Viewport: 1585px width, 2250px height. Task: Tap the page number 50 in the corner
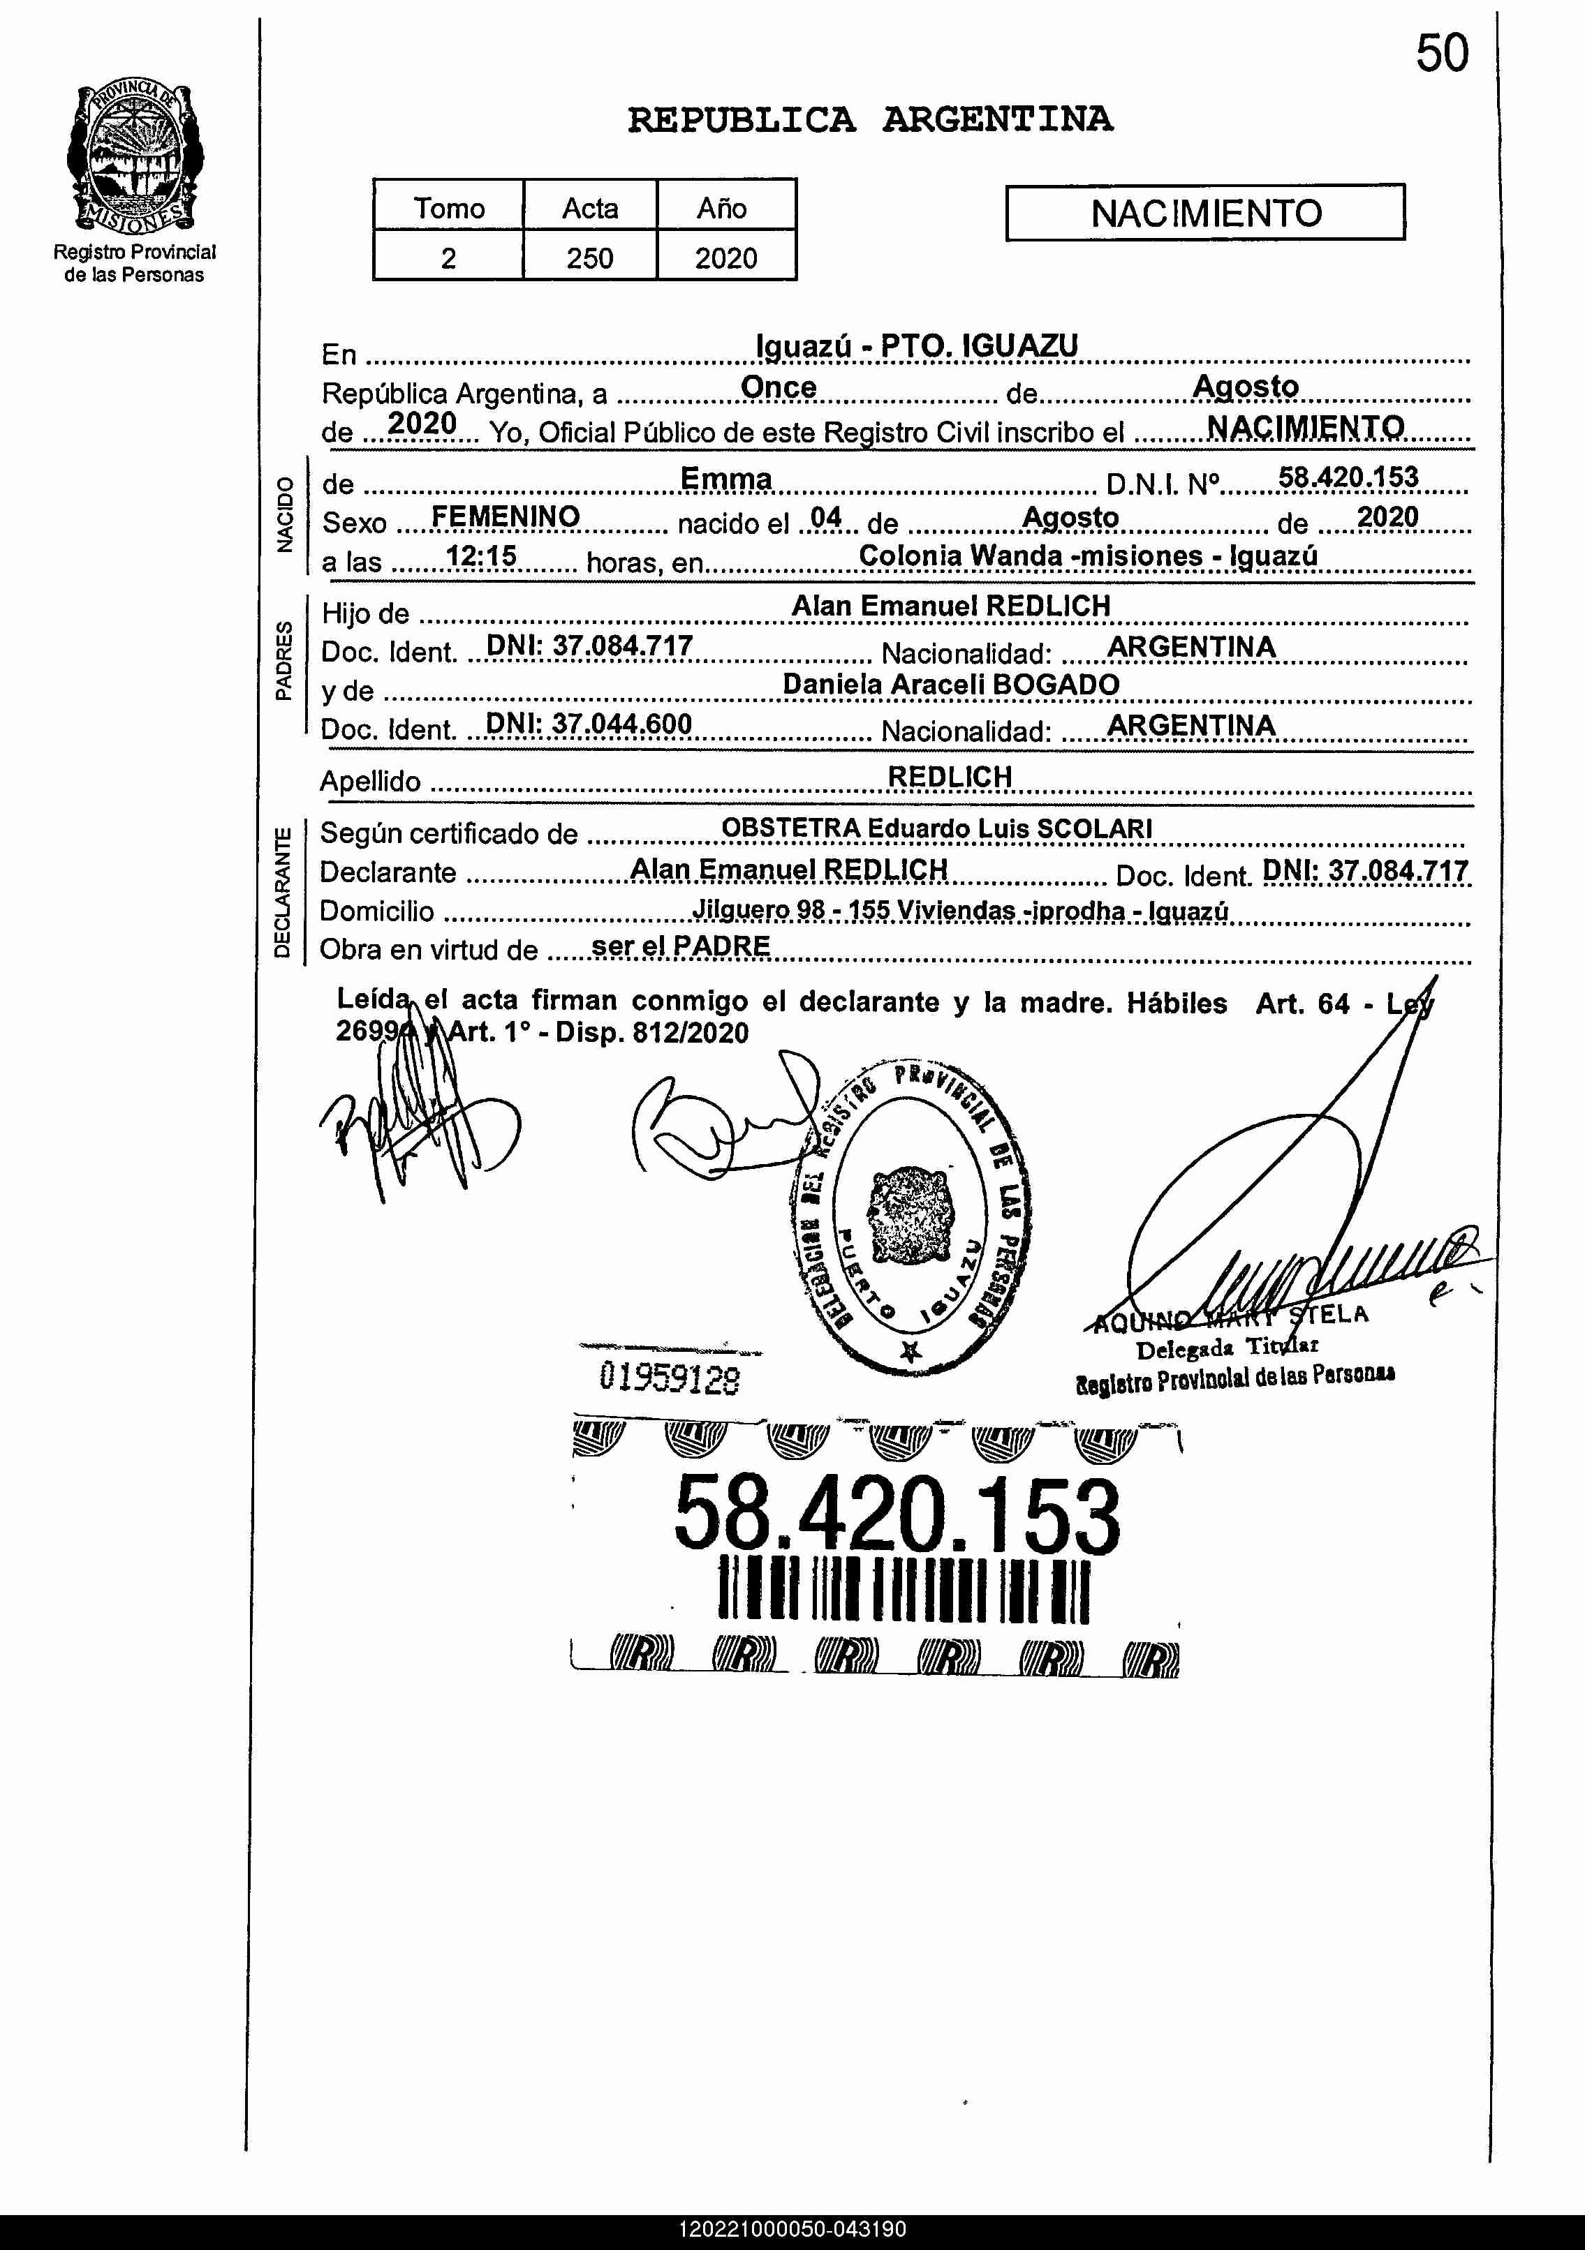click(x=1441, y=54)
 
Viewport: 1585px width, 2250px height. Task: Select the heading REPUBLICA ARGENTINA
click(x=869, y=119)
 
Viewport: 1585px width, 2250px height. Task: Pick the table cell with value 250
click(x=589, y=258)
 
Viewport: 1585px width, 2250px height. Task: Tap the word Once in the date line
click(x=779, y=387)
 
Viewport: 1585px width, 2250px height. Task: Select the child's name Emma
click(x=726, y=479)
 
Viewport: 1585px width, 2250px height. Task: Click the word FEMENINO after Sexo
click(x=505, y=516)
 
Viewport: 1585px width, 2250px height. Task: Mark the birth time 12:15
click(x=480, y=557)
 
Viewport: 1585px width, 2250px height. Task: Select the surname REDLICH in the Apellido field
click(x=949, y=776)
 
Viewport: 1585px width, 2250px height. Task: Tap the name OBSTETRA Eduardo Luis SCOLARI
click(x=936, y=828)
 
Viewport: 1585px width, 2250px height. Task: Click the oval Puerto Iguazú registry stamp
click(x=910, y=1215)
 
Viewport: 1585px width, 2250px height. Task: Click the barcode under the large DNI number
click(x=904, y=1590)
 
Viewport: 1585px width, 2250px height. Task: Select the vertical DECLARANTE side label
click(x=282, y=892)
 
